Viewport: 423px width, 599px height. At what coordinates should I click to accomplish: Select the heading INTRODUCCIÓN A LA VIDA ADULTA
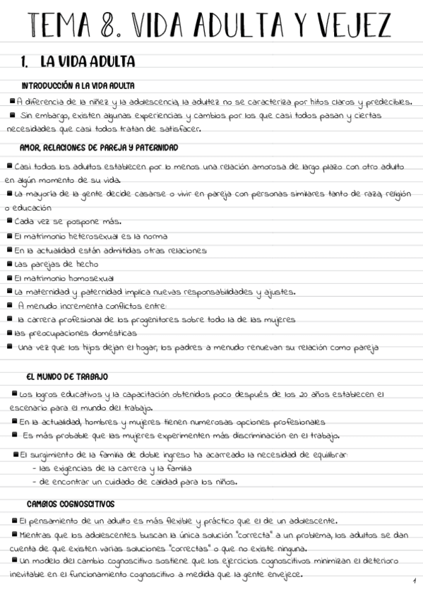click(x=78, y=85)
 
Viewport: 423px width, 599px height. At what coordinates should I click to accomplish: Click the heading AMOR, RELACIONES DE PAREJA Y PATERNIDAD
click(x=99, y=148)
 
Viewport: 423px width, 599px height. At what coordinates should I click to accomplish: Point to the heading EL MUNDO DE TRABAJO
click(x=67, y=376)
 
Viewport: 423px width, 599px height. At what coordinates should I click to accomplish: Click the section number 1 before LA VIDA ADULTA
click(x=25, y=62)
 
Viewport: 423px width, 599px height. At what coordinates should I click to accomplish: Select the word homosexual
click(x=84, y=278)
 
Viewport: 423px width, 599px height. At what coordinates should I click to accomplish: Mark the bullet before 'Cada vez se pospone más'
click(x=8, y=221)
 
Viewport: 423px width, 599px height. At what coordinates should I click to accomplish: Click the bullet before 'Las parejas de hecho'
click(x=8, y=263)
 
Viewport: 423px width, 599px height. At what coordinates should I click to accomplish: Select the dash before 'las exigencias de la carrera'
click(x=35, y=468)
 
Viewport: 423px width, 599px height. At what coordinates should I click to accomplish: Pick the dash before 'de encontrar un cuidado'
click(x=35, y=482)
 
